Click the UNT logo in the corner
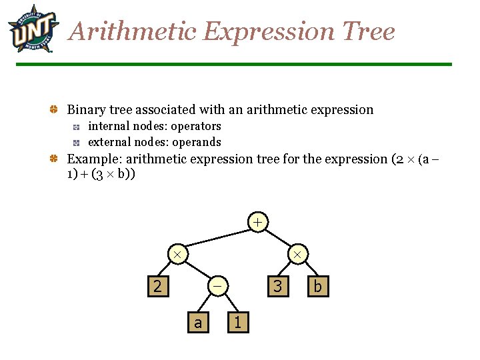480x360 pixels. pyautogui.click(x=33, y=29)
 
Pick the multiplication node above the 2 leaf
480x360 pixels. pyautogui.click(x=177, y=254)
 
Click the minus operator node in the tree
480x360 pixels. pyautogui.click(x=217, y=286)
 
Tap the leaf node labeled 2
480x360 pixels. pyautogui.click(x=157, y=286)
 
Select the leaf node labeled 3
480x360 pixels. pyautogui.click(x=277, y=286)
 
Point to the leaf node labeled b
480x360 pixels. pyautogui.click(x=318, y=286)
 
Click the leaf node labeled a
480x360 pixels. pyautogui.click(x=197, y=323)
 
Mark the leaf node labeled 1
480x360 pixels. pyautogui.click(x=238, y=323)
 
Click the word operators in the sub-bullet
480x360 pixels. pyautogui.click(x=196, y=126)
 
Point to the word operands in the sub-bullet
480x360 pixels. pyautogui.click(x=197, y=142)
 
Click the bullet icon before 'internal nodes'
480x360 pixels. pyautogui.click(x=77, y=127)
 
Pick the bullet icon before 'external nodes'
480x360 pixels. pyautogui.click(x=77, y=143)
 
